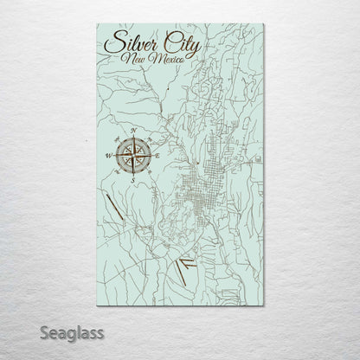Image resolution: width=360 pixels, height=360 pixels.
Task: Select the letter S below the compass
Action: (x=130, y=180)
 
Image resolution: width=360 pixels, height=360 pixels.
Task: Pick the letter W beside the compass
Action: (x=106, y=156)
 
